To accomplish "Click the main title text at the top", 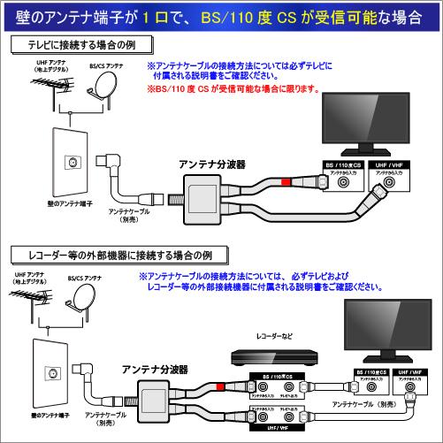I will click(221, 17).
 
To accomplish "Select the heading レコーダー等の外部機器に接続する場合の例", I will click(111, 255).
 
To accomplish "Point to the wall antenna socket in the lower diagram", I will click(51, 373).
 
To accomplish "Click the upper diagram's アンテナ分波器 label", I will click(211, 164).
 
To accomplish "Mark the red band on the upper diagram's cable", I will click(286, 182).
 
